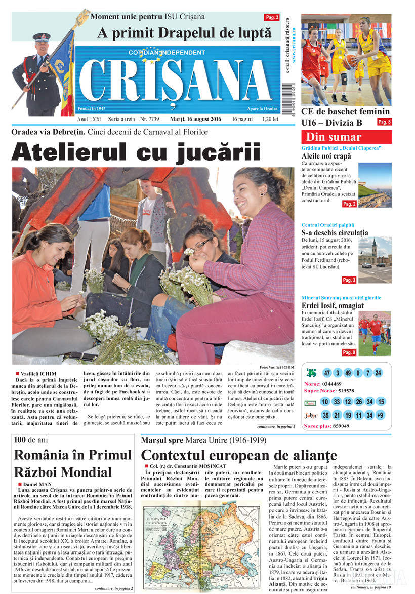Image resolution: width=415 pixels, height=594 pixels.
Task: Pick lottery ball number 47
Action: click(x=327, y=373)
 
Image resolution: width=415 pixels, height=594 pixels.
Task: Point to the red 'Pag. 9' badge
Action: click(x=349, y=352)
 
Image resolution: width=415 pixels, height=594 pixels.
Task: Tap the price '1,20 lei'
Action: click(x=270, y=119)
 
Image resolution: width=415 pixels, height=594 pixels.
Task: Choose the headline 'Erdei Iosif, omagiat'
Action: click(x=333, y=305)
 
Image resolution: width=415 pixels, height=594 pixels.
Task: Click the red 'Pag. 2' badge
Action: click(x=349, y=204)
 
